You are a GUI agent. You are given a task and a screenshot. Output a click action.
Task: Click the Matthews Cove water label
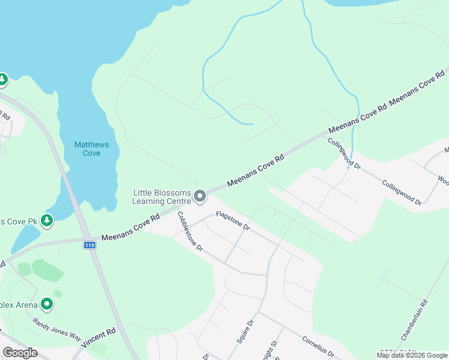click(x=87, y=149)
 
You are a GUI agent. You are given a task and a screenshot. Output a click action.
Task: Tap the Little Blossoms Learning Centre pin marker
click(x=200, y=196)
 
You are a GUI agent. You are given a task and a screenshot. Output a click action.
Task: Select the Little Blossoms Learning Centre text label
click(x=161, y=196)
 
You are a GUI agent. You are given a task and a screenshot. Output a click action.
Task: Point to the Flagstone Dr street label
click(x=232, y=220)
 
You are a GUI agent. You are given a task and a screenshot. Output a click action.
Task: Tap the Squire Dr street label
click(x=245, y=330)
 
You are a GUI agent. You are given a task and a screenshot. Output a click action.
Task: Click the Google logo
click(x=20, y=353)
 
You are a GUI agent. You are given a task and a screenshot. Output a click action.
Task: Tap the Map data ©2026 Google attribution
click(x=412, y=355)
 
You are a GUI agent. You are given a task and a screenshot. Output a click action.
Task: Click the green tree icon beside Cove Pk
click(x=47, y=221)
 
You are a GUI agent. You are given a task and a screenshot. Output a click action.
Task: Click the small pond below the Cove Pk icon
click(x=22, y=239)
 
